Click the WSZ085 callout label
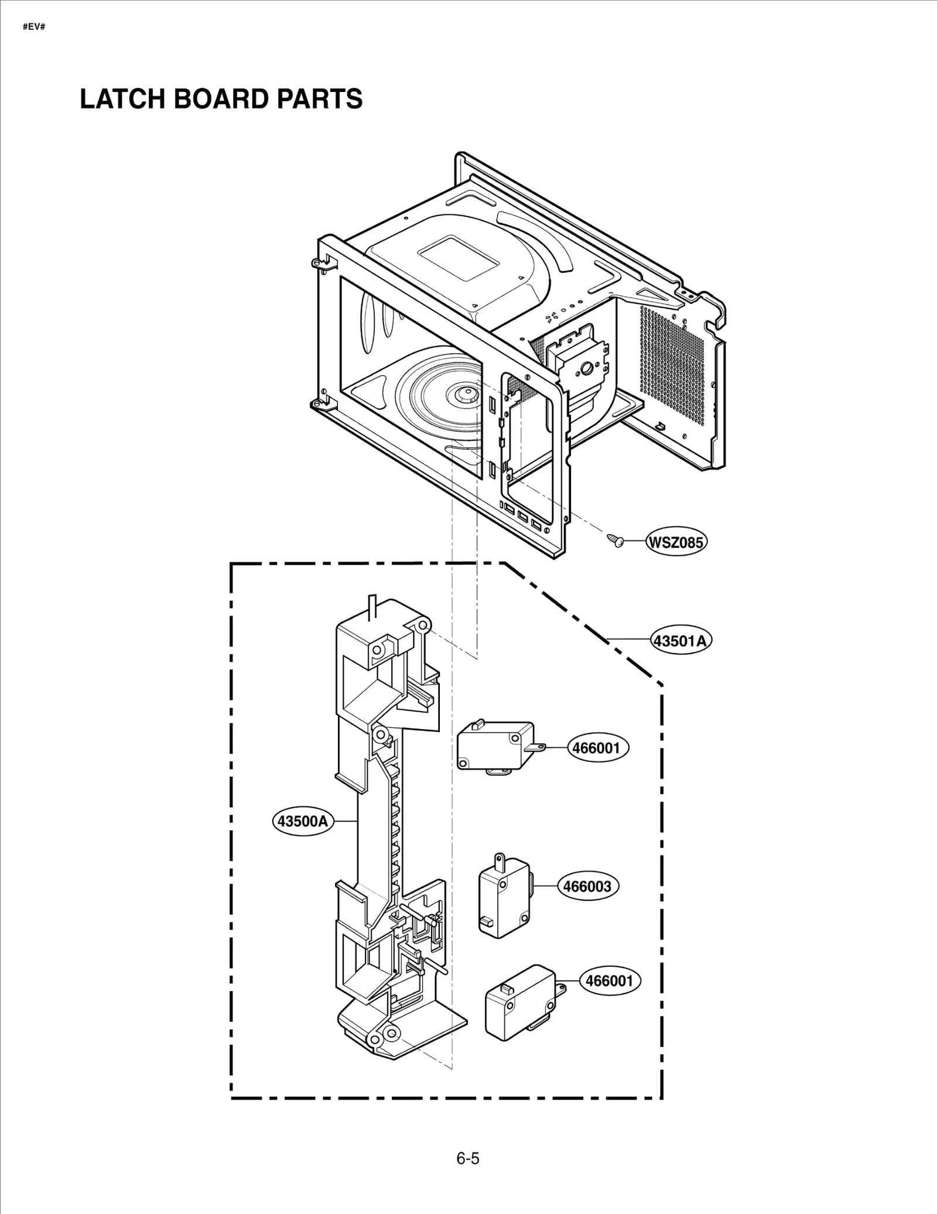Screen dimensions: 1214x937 (676, 542)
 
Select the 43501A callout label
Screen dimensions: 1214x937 (681, 641)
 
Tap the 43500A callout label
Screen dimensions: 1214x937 (303, 821)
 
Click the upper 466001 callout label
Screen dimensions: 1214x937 (597, 748)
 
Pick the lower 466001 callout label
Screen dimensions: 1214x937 (610, 980)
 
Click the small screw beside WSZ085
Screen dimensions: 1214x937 (614, 539)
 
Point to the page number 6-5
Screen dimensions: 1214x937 (468, 1158)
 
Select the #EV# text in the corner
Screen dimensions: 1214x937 (33, 27)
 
